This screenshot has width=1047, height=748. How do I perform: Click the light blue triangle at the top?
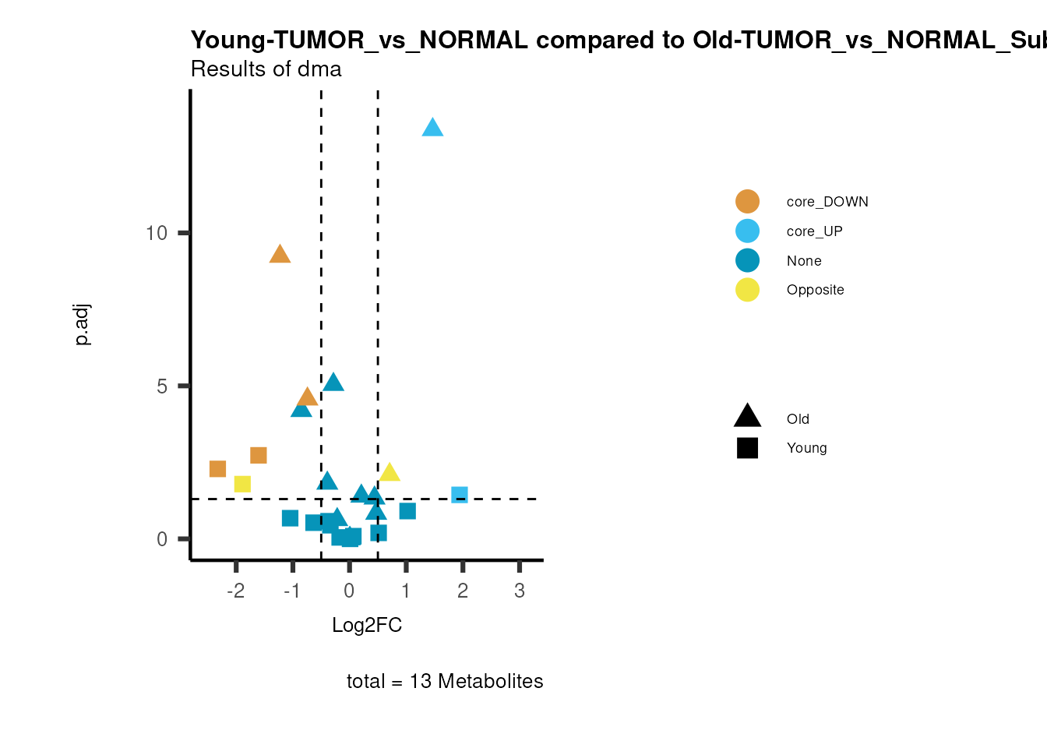(432, 128)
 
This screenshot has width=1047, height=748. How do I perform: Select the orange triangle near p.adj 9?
(280, 254)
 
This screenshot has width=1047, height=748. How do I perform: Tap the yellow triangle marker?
(390, 472)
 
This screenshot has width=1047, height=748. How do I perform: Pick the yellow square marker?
(242, 484)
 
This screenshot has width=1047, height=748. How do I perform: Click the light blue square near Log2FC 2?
(460, 495)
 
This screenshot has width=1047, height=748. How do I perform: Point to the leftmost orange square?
(217, 468)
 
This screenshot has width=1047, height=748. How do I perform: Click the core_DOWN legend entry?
(827, 202)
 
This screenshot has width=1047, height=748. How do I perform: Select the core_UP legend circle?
(747, 231)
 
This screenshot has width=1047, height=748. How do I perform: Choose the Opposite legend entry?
(815, 290)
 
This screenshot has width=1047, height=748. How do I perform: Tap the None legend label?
(804, 261)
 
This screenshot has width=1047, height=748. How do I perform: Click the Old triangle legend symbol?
(747, 417)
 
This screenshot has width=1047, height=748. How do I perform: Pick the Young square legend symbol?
(747, 448)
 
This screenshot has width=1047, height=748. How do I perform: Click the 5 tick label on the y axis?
(162, 386)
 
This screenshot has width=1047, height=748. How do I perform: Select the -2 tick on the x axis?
(235, 591)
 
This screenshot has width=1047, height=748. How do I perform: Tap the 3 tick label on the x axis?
(520, 591)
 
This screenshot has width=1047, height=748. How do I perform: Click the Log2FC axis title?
(367, 625)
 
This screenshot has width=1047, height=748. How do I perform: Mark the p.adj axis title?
(82, 324)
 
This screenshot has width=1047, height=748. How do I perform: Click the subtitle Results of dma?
(266, 69)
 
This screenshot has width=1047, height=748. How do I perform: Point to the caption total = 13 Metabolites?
(445, 681)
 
